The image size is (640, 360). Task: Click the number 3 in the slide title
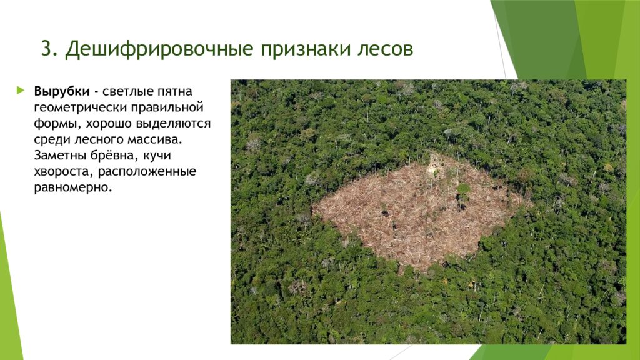point(46,49)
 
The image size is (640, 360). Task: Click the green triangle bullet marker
point(21,89)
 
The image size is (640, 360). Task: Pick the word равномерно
point(73,187)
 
